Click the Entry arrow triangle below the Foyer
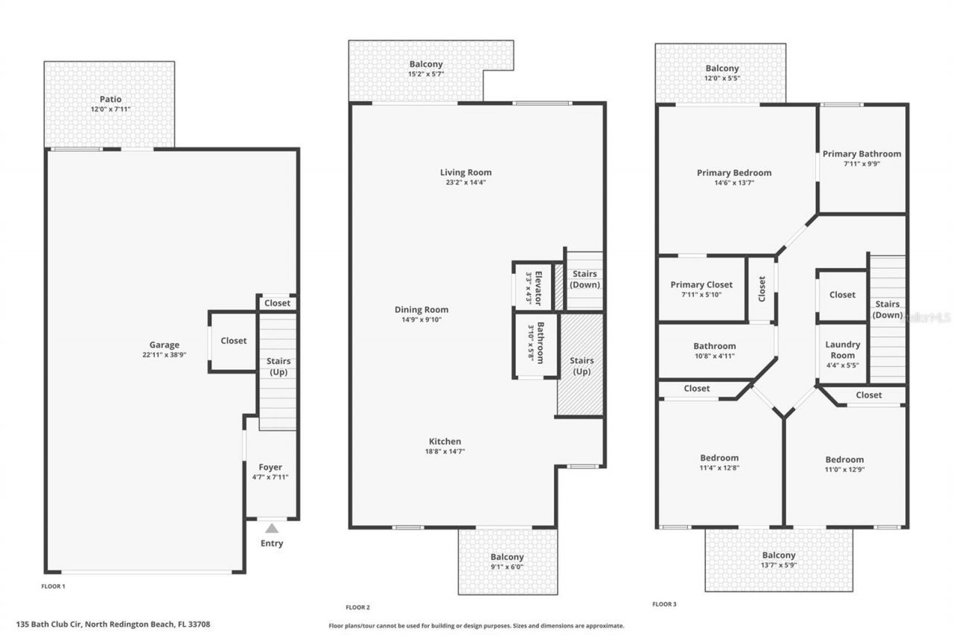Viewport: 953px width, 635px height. [272, 529]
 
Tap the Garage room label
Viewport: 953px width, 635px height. [165, 345]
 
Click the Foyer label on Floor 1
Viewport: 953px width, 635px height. [270, 468]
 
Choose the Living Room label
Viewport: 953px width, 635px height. [465, 172]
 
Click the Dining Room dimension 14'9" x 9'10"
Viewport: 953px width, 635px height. [421, 320]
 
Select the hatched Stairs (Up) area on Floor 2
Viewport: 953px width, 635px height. [581, 366]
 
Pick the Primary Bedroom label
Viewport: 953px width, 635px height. [734, 173]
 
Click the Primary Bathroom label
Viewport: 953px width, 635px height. [861, 154]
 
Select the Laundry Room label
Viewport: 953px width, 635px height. [843, 350]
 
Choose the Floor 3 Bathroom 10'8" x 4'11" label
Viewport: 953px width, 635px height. [715, 346]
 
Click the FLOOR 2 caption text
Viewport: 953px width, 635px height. [357, 607]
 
